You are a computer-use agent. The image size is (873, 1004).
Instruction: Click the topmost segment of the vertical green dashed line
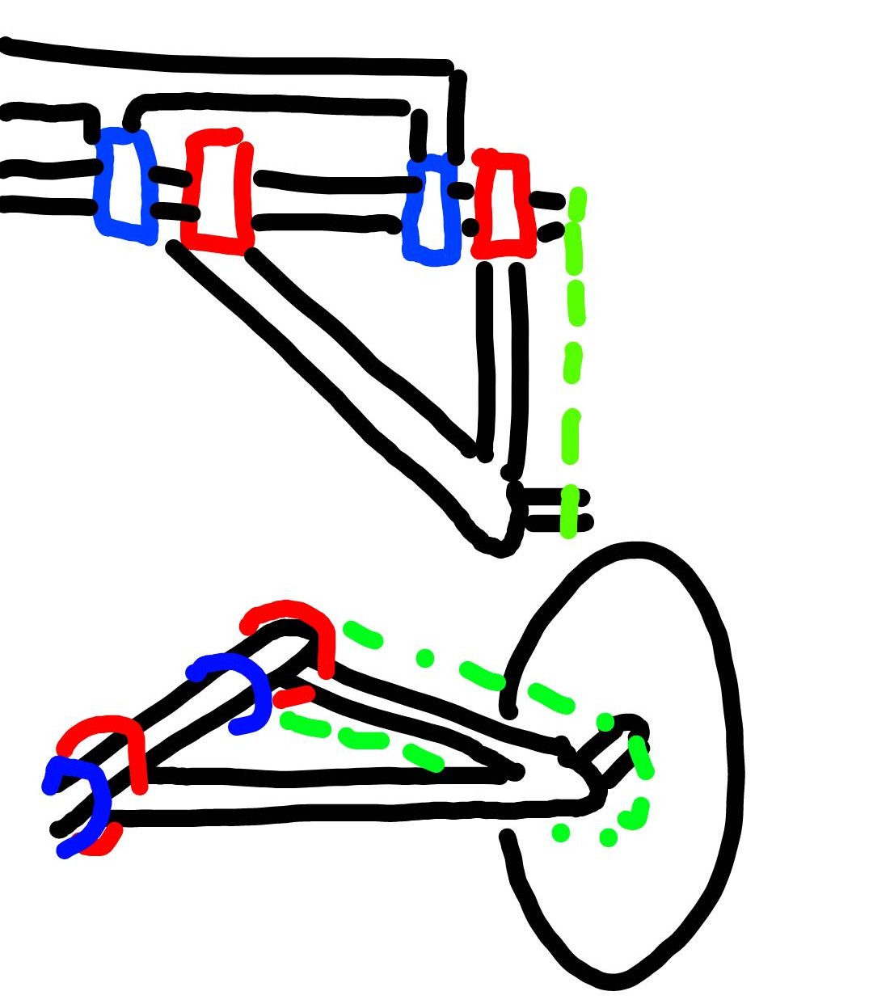(x=577, y=203)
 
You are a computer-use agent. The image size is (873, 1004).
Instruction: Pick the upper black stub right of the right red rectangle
(x=547, y=199)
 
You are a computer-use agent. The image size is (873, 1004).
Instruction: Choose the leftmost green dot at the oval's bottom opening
(x=560, y=832)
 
